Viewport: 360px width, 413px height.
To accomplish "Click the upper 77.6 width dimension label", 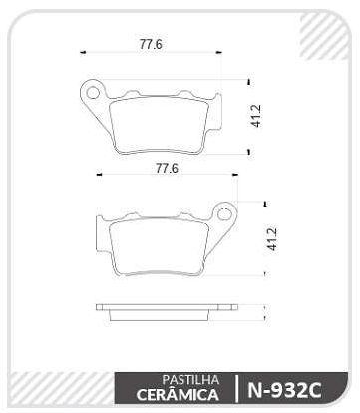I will click(151, 44).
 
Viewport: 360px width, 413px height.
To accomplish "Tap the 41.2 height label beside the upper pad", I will click(256, 115).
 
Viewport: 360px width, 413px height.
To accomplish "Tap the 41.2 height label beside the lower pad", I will click(270, 240).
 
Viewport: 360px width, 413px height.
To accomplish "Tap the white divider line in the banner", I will click(236, 388).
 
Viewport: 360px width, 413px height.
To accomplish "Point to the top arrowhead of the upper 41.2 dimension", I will click(247, 81).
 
